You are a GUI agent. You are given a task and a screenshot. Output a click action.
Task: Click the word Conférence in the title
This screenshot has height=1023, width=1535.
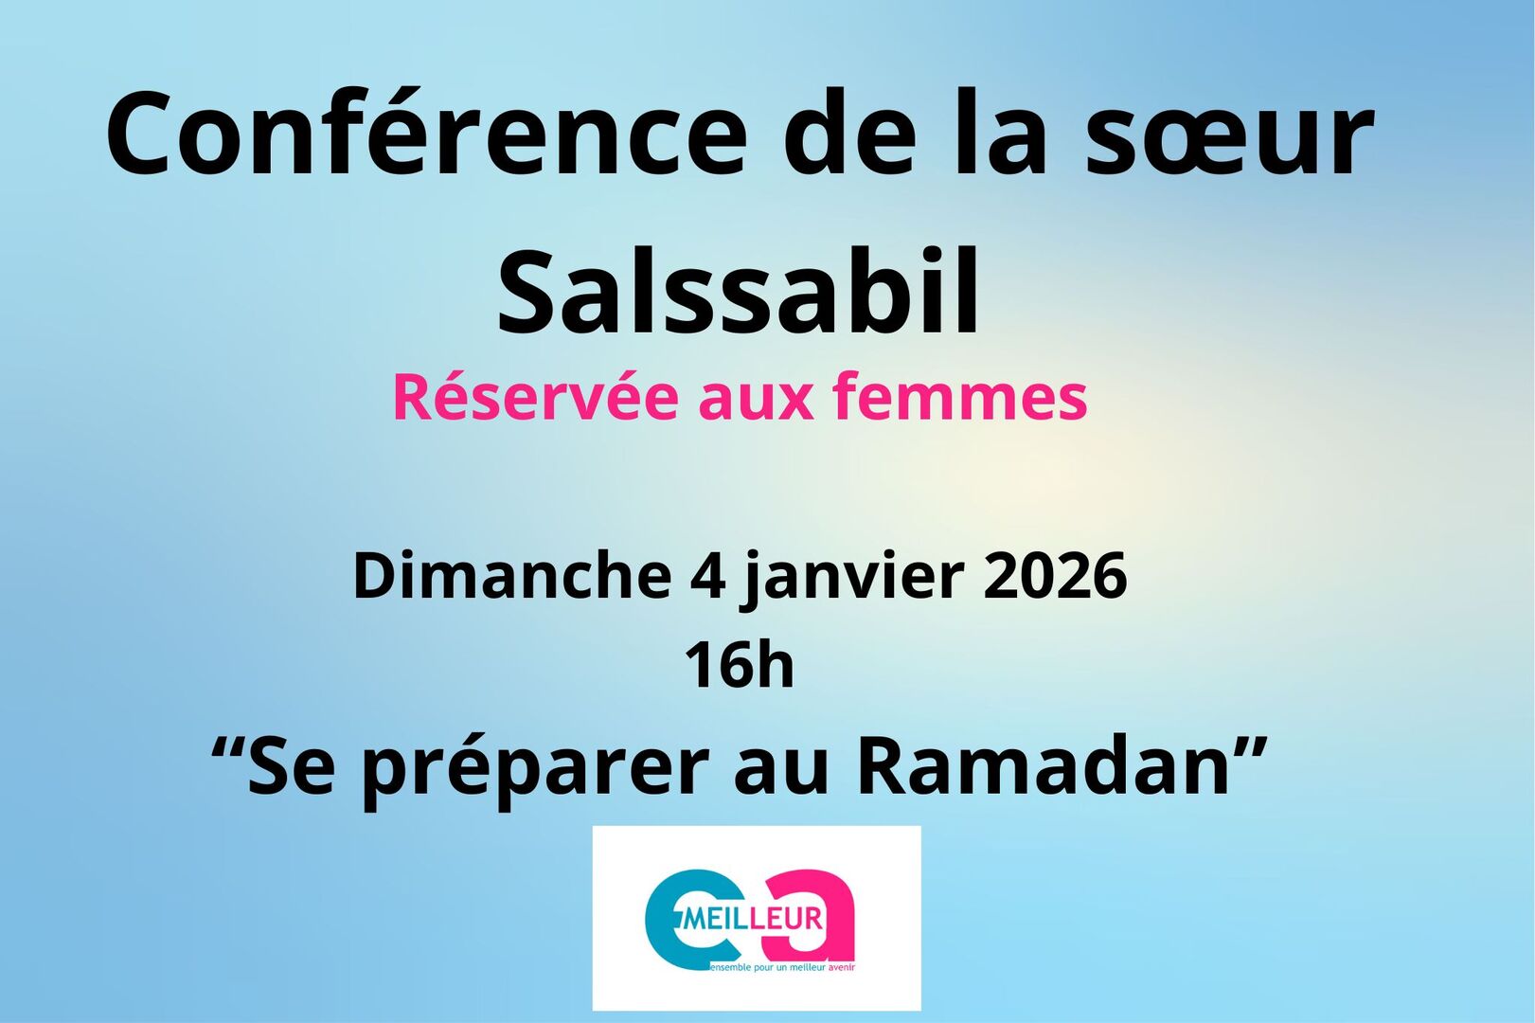(426, 135)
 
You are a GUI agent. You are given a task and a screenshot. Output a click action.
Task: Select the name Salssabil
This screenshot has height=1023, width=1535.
(739, 291)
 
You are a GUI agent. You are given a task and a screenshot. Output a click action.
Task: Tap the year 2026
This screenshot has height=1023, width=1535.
(1055, 575)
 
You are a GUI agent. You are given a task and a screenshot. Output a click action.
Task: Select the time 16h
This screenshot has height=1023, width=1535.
(739, 664)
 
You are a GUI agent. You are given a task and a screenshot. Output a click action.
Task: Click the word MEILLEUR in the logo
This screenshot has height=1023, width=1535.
(753, 919)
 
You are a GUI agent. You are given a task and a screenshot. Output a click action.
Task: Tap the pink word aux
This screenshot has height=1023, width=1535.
(756, 397)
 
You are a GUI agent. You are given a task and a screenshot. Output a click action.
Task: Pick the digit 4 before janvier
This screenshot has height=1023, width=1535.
(706, 575)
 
